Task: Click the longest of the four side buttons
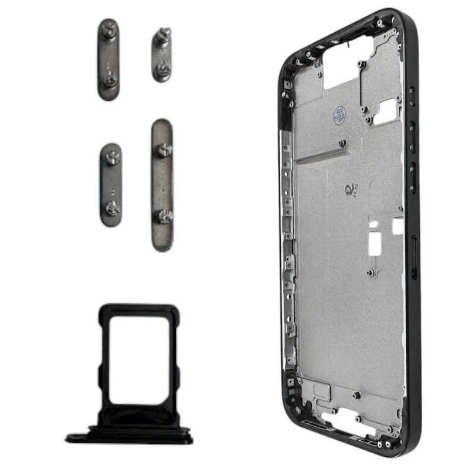click(x=162, y=185)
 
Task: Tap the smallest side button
click(x=162, y=56)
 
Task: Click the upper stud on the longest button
click(x=162, y=150)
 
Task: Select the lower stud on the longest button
click(x=163, y=216)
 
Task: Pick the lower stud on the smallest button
click(x=162, y=72)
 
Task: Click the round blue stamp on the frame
click(x=339, y=115)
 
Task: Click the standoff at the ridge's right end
click(x=342, y=143)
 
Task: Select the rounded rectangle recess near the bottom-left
click(x=321, y=390)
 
